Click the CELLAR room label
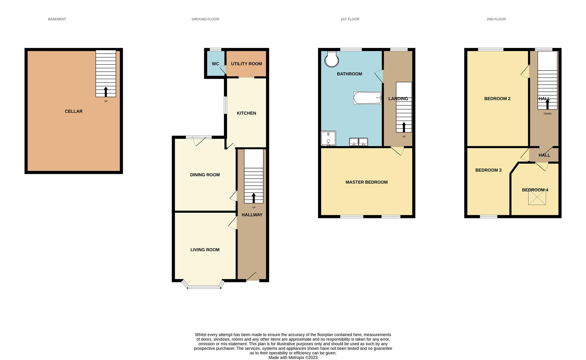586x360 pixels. pyautogui.click(x=74, y=111)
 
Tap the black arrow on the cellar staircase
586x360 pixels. pyautogui.click(x=106, y=92)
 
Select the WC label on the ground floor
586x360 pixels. pyautogui.click(x=216, y=64)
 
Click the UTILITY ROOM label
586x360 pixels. pyautogui.click(x=246, y=64)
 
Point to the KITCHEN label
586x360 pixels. pyautogui.click(x=246, y=113)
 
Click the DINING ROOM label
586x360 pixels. pyautogui.click(x=205, y=175)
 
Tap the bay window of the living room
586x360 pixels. pyautogui.click(x=204, y=286)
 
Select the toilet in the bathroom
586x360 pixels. pyautogui.click(x=332, y=59)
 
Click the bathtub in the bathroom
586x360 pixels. pyautogui.click(x=367, y=98)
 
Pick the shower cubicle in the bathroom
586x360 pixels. pyautogui.click(x=328, y=138)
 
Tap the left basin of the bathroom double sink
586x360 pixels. pyautogui.click(x=354, y=142)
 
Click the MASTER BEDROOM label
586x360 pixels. pyautogui.click(x=366, y=182)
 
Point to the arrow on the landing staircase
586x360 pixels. pyautogui.click(x=404, y=127)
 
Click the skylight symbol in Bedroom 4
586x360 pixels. pyautogui.click(x=537, y=198)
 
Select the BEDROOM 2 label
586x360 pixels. pyautogui.click(x=497, y=98)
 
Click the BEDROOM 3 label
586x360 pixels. pyautogui.click(x=488, y=170)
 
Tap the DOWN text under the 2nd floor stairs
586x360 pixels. pyautogui.click(x=547, y=114)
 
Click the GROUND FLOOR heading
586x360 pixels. pyautogui.click(x=205, y=19)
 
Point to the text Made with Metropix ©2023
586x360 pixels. pyautogui.click(x=293, y=357)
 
